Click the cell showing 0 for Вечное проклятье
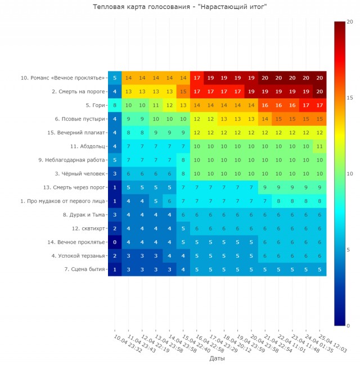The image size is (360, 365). click(x=115, y=242)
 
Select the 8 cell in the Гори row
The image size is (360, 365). click(x=115, y=105)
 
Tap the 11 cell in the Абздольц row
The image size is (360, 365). click(x=319, y=146)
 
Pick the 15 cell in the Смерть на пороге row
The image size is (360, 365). click(x=183, y=91)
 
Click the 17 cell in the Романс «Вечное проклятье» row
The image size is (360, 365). click(x=197, y=78)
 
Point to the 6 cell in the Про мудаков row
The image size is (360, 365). click(x=169, y=201)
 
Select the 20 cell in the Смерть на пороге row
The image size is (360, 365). click(x=319, y=91)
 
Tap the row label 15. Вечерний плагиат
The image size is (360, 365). click(x=76, y=133)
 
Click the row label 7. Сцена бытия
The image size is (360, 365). click(x=85, y=269)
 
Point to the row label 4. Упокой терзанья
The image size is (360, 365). click(x=79, y=256)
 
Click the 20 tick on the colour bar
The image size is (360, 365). click(x=349, y=21)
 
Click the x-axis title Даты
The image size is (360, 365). click(x=217, y=358)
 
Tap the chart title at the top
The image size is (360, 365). click(x=179, y=7)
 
